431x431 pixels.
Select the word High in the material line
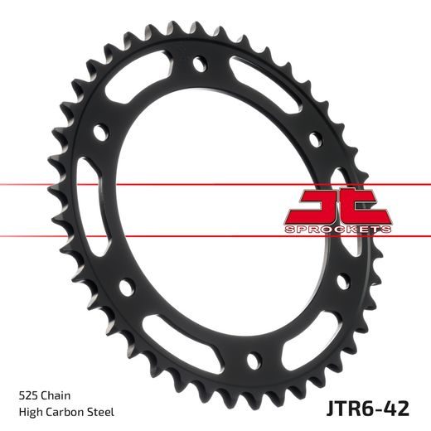point(29,412)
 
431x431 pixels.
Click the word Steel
point(101,412)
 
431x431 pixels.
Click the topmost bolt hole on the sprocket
point(199,63)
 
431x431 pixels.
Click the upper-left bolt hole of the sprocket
point(100,131)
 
